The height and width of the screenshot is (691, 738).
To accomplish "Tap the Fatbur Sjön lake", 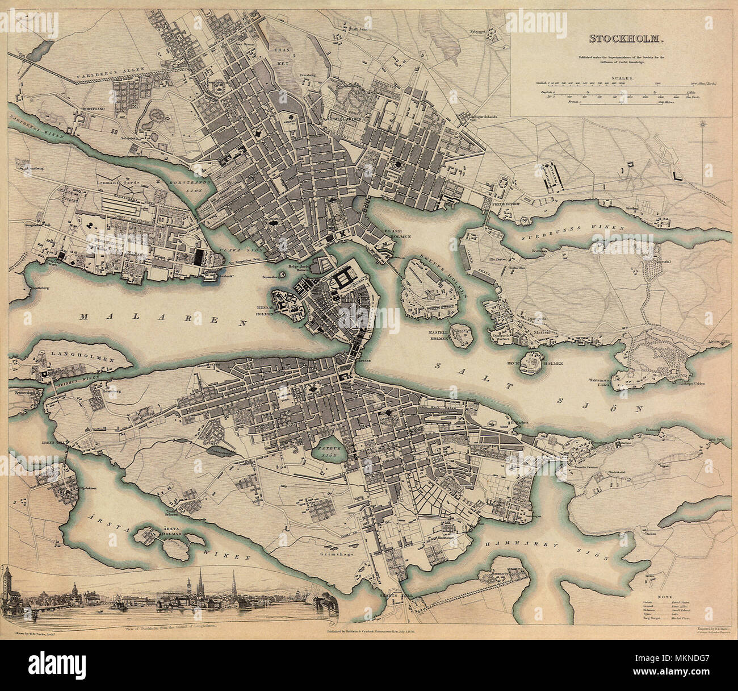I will pyautogui.click(x=325, y=451).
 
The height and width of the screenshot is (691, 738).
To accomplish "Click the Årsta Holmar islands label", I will pyautogui.click(x=168, y=529).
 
